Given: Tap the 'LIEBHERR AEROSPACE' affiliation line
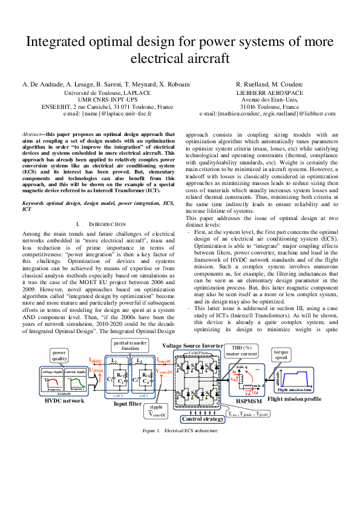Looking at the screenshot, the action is [269, 93].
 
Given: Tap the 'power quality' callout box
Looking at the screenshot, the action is [59, 355].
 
